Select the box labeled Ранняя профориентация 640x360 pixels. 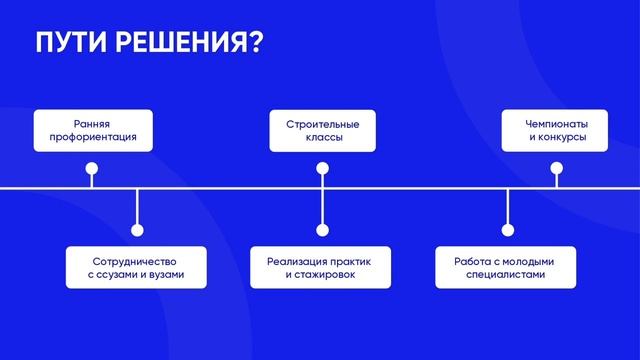93,130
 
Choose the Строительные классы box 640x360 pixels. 323,130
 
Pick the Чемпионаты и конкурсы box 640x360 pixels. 557,130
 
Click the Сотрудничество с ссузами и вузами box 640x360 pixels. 136,266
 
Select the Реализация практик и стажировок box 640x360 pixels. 323,266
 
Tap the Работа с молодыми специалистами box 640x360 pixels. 508,266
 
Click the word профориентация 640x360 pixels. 93,139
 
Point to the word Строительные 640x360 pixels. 323,123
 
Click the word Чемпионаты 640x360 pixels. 557,123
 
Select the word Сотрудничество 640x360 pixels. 136,259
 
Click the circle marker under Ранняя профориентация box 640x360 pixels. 91,168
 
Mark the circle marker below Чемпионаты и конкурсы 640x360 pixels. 557,168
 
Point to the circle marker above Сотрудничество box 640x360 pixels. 137,230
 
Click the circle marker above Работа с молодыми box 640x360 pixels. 508,230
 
